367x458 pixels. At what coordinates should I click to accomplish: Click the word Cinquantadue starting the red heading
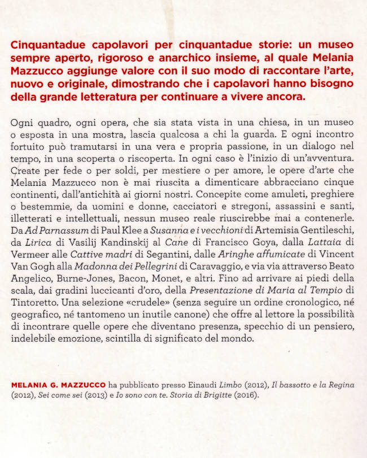click(x=48, y=44)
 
